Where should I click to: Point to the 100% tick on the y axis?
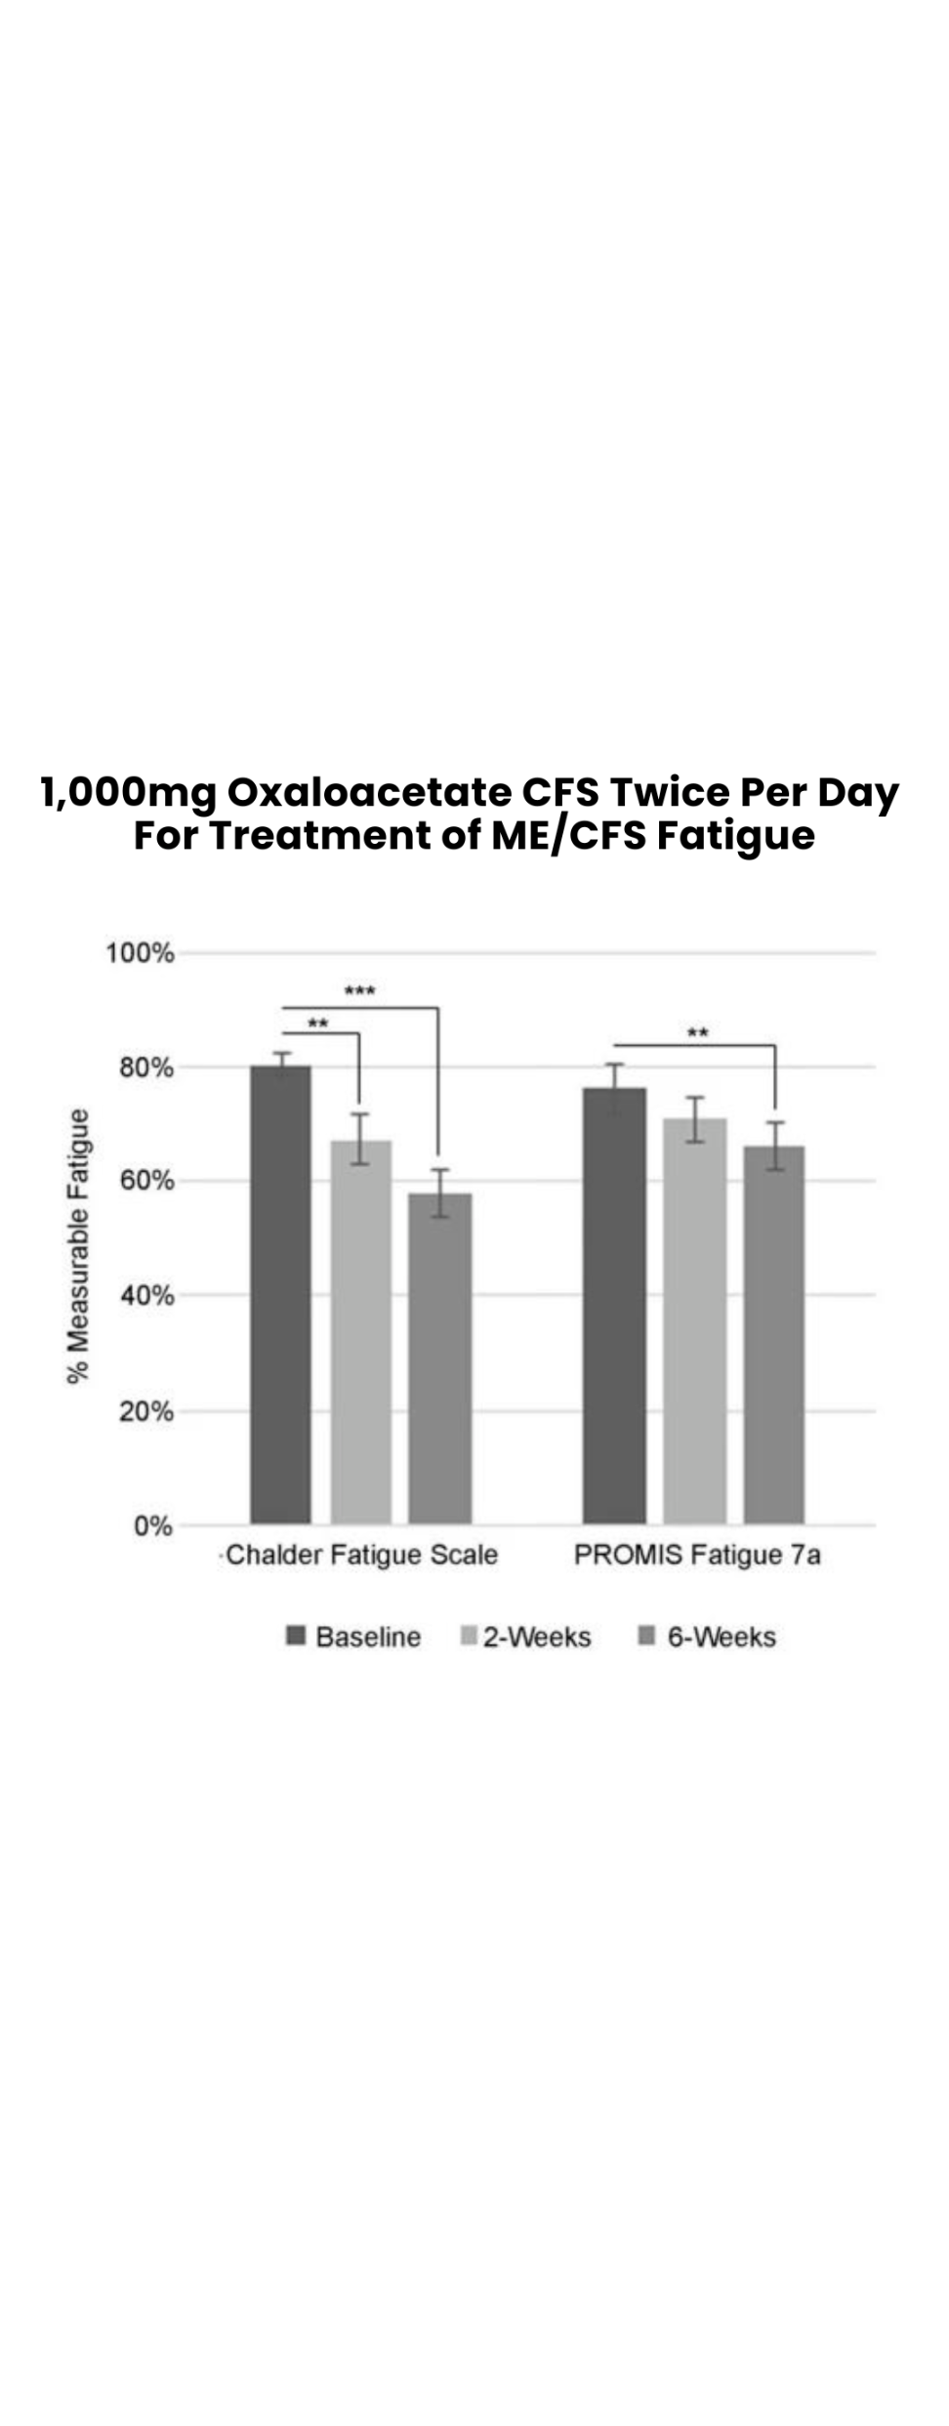coord(140,953)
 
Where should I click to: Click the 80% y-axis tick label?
coord(146,1067)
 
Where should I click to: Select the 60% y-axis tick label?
coord(146,1182)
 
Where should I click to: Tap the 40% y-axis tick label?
coord(146,1296)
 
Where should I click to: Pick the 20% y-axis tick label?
coord(146,1411)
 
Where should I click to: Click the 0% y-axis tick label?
coord(153,1526)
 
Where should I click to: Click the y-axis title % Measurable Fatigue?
coord(78,1245)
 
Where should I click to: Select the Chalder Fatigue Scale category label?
coord(361,1555)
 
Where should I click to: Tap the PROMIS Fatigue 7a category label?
coord(697,1555)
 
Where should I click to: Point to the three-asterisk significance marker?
coord(359,992)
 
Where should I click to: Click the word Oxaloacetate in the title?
coord(368,793)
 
